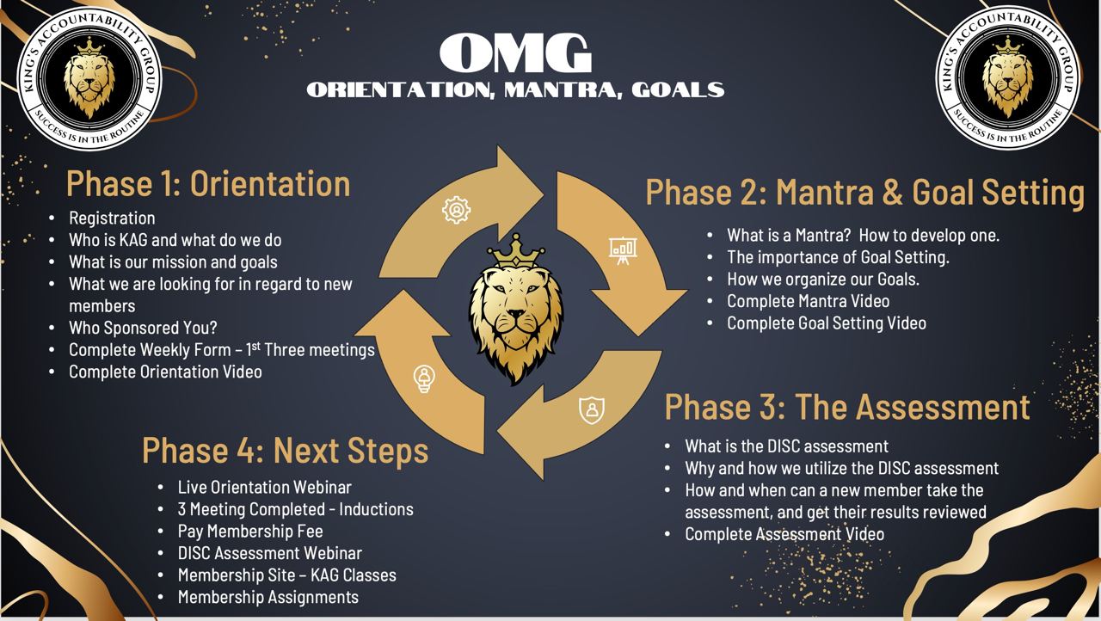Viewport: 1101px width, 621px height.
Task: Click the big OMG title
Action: [515, 53]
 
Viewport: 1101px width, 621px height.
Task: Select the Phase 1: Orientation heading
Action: [208, 184]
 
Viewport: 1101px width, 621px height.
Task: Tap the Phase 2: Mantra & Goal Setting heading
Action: [865, 192]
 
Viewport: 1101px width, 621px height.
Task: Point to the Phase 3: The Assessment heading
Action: [847, 407]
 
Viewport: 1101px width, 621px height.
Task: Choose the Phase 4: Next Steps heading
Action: [285, 450]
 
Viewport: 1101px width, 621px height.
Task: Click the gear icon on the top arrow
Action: [456, 210]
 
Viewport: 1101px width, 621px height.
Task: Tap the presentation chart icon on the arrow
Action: [624, 250]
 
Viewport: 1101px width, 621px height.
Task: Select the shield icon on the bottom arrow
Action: [592, 410]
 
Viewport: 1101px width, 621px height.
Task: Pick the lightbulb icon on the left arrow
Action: [424, 378]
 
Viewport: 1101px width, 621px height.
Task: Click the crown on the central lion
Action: [516, 250]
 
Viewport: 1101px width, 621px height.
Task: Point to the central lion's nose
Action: [516, 314]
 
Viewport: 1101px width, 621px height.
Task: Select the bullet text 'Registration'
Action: [112, 218]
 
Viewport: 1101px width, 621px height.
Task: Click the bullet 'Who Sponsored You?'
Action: [143, 328]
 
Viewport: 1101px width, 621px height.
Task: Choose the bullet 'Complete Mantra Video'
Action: [808, 301]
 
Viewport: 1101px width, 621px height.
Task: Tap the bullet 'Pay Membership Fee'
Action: [250, 531]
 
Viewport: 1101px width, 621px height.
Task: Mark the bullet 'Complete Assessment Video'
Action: [784, 534]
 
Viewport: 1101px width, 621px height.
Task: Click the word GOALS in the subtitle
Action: [678, 90]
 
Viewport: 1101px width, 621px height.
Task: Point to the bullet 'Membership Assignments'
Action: [268, 598]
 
